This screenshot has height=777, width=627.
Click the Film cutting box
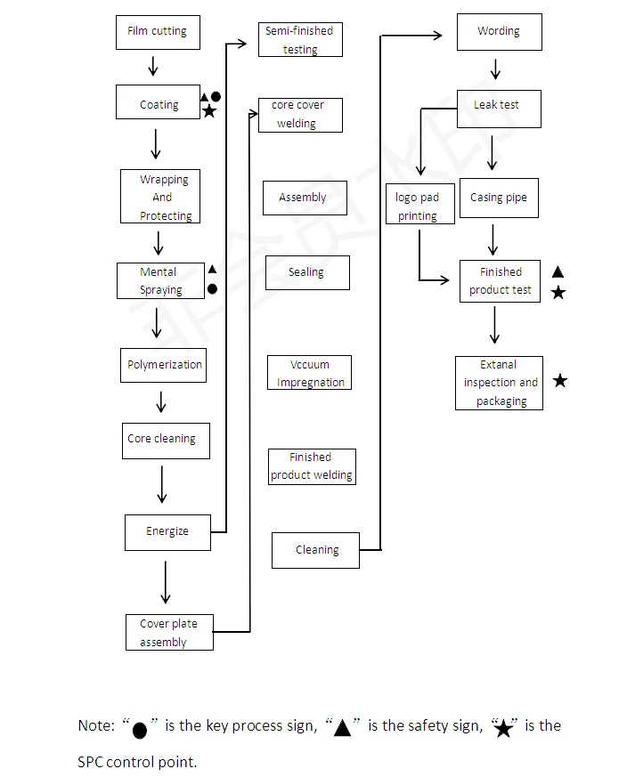click(x=158, y=32)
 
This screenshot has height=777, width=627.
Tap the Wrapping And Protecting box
click(x=160, y=197)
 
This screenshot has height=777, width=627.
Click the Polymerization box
click(x=164, y=365)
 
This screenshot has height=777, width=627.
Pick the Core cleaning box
click(x=166, y=440)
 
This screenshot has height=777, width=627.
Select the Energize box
click(x=167, y=532)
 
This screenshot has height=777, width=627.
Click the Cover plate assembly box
click(x=169, y=633)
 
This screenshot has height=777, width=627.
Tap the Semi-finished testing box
click(x=300, y=40)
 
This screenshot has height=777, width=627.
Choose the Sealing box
click(x=306, y=272)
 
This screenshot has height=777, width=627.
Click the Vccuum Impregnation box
click(x=309, y=373)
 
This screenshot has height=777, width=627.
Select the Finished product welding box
click(x=311, y=466)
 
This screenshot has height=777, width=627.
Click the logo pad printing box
click(x=418, y=206)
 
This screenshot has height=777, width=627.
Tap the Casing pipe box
click(x=498, y=198)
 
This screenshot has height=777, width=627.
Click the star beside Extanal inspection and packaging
click(x=559, y=381)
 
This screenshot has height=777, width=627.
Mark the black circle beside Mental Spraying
click(x=212, y=289)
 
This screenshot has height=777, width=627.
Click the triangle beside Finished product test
click(x=558, y=272)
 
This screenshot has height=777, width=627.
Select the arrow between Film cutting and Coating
click(x=153, y=66)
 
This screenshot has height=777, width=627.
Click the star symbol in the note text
click(x=503, y=728)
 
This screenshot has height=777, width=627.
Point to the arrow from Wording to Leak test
click(x=495, y=69)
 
